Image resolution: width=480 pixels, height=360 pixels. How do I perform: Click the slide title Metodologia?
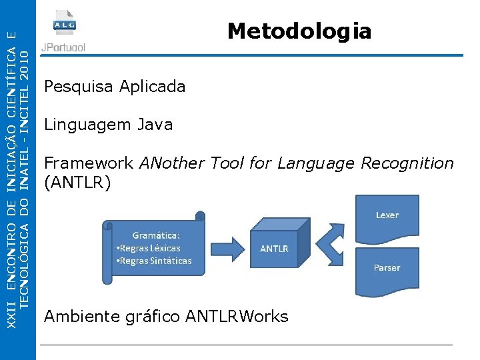[x=299, y=31]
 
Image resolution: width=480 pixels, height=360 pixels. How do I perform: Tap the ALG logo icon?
[x=65, y=25]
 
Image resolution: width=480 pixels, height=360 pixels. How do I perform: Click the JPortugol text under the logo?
[x=64, y=48]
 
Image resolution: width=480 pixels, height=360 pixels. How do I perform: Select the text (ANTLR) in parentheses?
[x=77, y=182]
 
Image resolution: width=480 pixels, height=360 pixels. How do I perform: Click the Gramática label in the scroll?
[x=156, y=235]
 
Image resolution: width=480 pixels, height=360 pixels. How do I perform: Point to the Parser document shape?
[x=387, y=268]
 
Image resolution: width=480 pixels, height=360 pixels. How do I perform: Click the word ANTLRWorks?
[x=237, y=316]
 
